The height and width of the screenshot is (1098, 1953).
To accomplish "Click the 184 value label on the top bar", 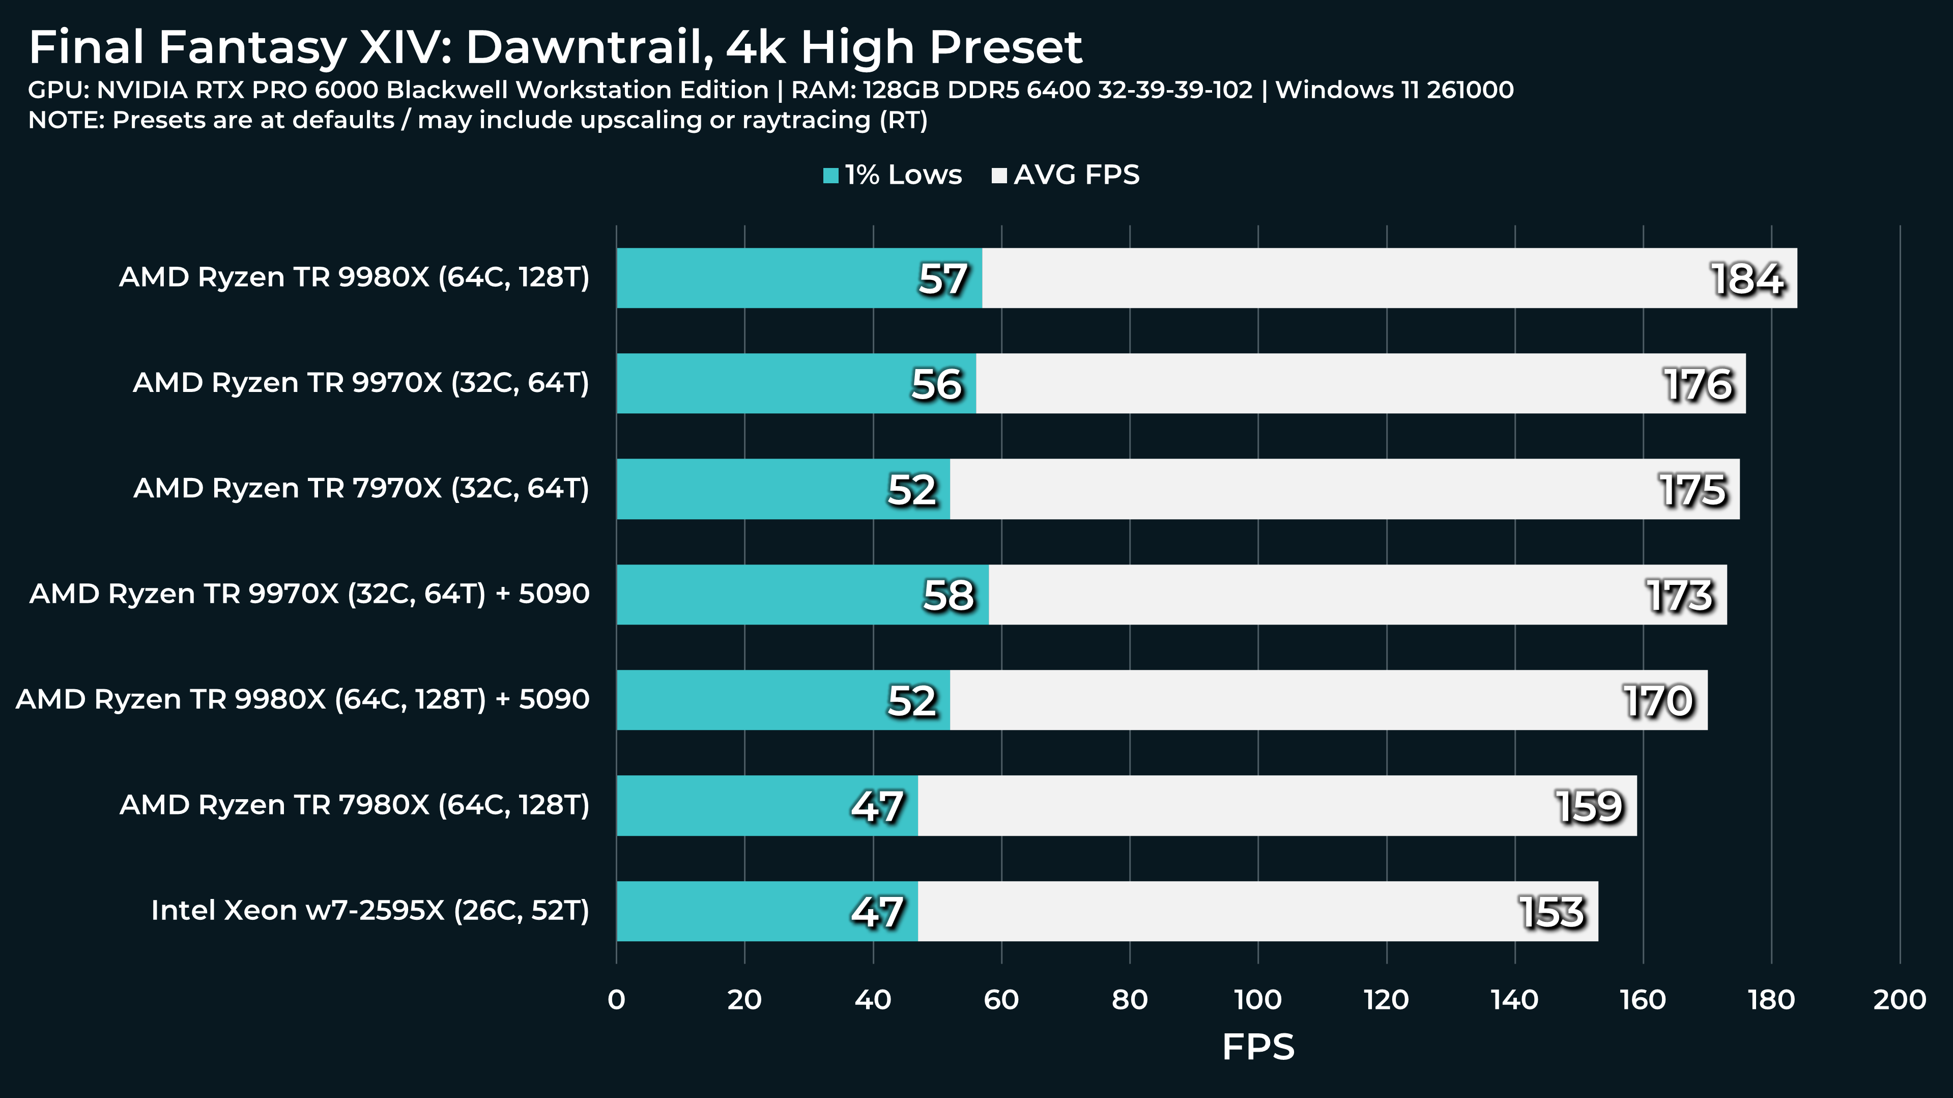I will point(1747,278).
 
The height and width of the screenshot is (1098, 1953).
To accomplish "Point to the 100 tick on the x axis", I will point(1258,999).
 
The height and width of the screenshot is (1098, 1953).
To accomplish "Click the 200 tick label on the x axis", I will point(1899,999).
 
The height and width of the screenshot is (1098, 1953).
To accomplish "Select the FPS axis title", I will point(1258,1047).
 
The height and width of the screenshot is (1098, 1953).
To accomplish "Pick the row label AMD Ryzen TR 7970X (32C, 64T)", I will point(361,488).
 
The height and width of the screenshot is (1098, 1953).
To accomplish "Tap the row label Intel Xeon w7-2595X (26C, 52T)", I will point(370,910).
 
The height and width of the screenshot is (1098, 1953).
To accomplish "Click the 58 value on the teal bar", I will point(947,595).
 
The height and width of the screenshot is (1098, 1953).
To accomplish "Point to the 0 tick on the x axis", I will point(616,999).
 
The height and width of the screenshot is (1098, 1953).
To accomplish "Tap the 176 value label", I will point(1698,384).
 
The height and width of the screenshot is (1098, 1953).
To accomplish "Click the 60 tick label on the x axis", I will point(1001,999).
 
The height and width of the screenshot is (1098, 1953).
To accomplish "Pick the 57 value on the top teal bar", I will point(943,278).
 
